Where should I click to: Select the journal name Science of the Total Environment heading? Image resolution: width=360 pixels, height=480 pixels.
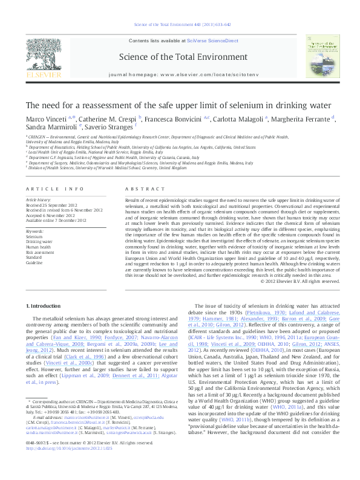pos(180,57)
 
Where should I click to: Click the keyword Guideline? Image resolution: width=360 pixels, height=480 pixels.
pos(34,263)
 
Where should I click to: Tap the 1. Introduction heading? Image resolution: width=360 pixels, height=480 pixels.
pos(44,307)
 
